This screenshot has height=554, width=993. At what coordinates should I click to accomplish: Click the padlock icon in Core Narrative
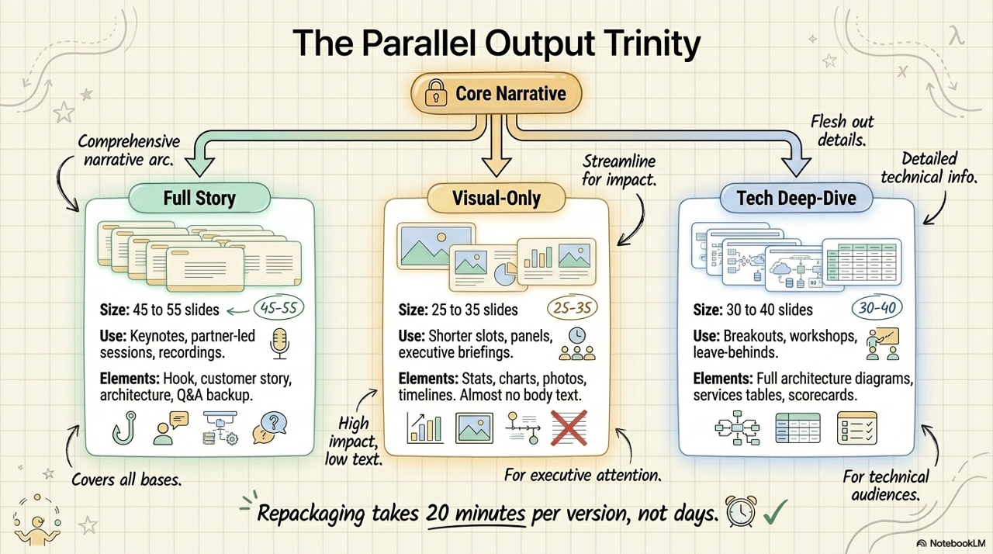436,92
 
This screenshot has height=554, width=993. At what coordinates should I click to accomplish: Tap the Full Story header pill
199,198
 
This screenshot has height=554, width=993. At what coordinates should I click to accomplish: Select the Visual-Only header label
496,198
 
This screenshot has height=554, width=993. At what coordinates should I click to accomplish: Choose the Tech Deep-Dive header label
796,198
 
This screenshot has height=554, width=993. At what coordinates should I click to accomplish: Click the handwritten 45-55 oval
279,307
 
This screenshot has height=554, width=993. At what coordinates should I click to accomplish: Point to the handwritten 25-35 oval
572,307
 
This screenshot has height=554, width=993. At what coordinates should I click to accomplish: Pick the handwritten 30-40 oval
877,307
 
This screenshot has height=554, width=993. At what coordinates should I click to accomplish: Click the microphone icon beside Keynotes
280,344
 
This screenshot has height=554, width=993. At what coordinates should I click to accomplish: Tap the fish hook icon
124,428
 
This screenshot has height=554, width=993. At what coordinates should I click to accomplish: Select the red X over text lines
569,428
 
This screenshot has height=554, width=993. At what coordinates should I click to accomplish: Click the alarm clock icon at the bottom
740,511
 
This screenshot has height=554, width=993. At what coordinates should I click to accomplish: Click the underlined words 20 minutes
476,513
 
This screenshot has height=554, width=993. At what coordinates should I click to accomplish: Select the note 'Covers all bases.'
126,480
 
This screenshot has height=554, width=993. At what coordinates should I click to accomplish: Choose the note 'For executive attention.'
583,475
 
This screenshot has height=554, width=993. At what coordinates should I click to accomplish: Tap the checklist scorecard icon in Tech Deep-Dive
857,428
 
